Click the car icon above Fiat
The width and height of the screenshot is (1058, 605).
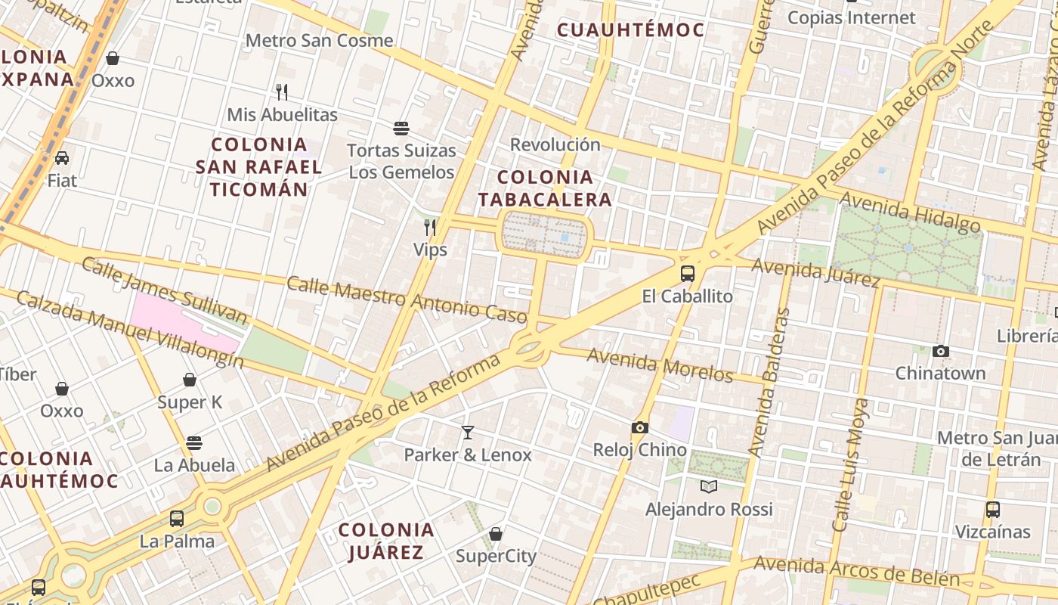62,158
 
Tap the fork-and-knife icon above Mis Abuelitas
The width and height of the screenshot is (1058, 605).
282,92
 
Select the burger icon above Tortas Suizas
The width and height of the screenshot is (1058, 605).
401,129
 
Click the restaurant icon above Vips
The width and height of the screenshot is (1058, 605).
430,227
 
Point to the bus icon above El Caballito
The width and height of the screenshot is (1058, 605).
687,274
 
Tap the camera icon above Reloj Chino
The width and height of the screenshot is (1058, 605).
640,428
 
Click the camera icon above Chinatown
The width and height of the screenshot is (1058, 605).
941,351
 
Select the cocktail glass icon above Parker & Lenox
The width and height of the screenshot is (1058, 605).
468,433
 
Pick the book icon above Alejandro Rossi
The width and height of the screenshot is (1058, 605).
708,486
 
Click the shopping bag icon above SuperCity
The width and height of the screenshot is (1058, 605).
496,534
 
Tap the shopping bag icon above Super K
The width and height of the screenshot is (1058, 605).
190,380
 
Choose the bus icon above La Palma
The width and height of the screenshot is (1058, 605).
177,519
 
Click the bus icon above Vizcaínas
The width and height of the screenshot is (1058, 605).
993,509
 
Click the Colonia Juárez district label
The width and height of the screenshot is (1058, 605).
386,541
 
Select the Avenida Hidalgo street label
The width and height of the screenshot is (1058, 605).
910,212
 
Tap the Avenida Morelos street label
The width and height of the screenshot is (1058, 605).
660,365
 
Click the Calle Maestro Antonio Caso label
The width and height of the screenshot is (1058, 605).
406,297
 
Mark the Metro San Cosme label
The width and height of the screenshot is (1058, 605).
320,40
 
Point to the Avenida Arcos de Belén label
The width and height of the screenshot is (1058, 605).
856,572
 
